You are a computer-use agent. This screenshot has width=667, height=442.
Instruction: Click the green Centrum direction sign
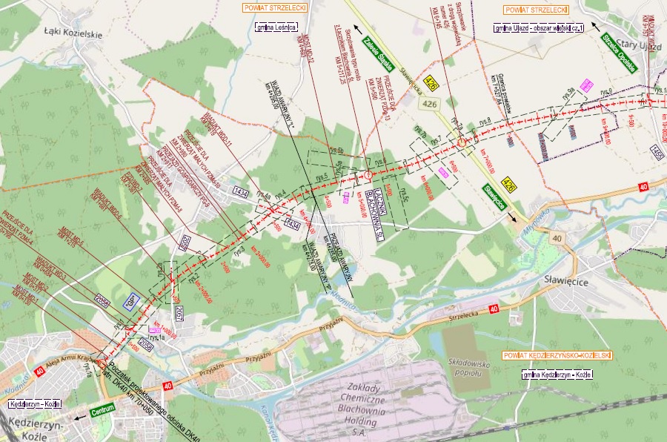point(102,410)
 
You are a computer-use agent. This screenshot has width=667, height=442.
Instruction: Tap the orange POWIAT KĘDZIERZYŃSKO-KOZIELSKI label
point(556,355)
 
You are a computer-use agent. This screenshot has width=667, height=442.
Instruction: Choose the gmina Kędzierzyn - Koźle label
point(556,375)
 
